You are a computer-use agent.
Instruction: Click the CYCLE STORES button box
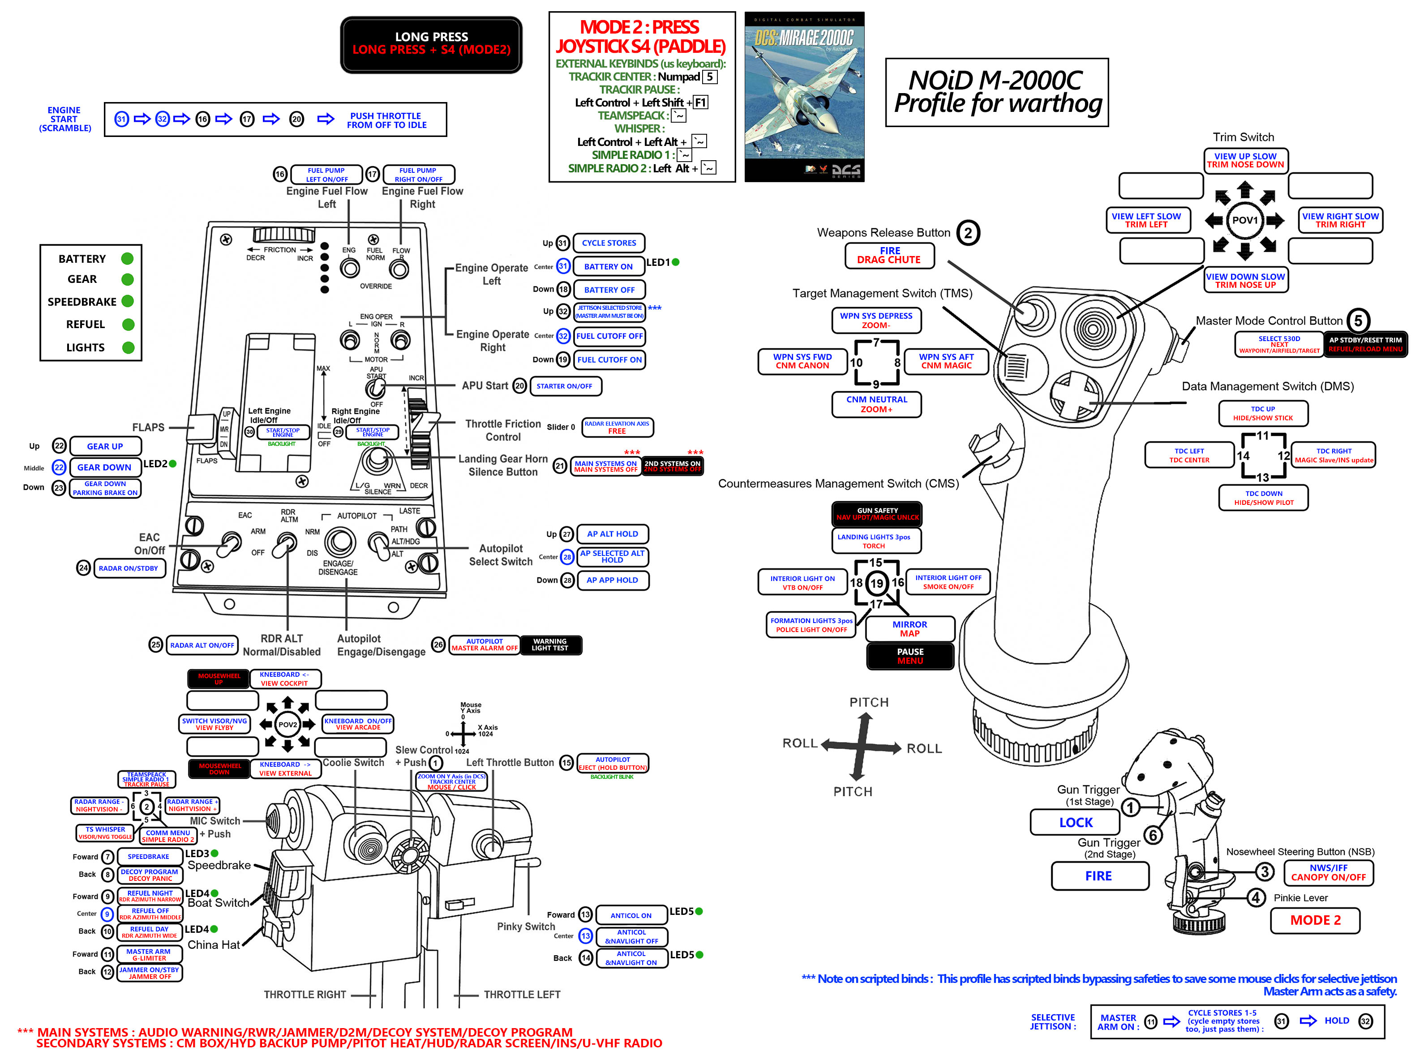pos(609,243)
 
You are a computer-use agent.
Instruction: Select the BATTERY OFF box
pos(609,290)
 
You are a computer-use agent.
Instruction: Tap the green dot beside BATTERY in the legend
pos(128,258)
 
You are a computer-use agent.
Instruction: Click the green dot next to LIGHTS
pos(128,347)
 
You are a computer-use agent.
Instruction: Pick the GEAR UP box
pos(105,446)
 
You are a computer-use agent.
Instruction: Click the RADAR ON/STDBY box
pos(129,568)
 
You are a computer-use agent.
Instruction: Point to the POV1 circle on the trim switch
pos(1244,220)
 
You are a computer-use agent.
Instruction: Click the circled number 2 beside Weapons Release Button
pos(968,233)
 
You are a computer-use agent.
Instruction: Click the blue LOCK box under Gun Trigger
pos(1075,823)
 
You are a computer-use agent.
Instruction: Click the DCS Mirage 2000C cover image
pos(804,97)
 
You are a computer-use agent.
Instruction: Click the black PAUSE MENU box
pos(910,656)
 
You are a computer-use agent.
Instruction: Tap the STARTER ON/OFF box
pos(565,386)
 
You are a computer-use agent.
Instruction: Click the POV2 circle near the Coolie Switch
pos(287,724)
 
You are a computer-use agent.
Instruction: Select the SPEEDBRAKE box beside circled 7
pos(149,856)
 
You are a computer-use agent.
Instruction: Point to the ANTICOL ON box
pos(631,915)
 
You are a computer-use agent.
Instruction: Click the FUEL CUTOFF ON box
pos(609,359)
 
